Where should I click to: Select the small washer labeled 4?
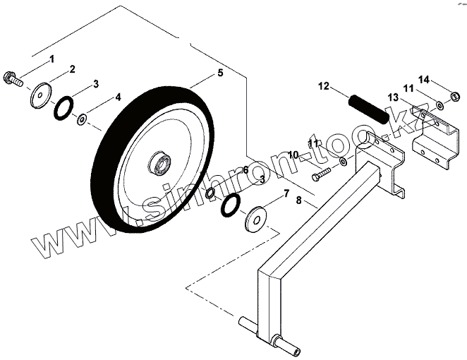[83, 119]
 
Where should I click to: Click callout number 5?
[220, 73]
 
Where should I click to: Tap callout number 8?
[299, 200]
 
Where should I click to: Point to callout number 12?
[323, 87]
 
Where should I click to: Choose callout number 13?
[392, 97]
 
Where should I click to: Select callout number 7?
[285, 192]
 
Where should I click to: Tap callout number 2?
[72, 69]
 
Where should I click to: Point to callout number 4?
[117, 96]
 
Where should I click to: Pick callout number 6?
[245, 170]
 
